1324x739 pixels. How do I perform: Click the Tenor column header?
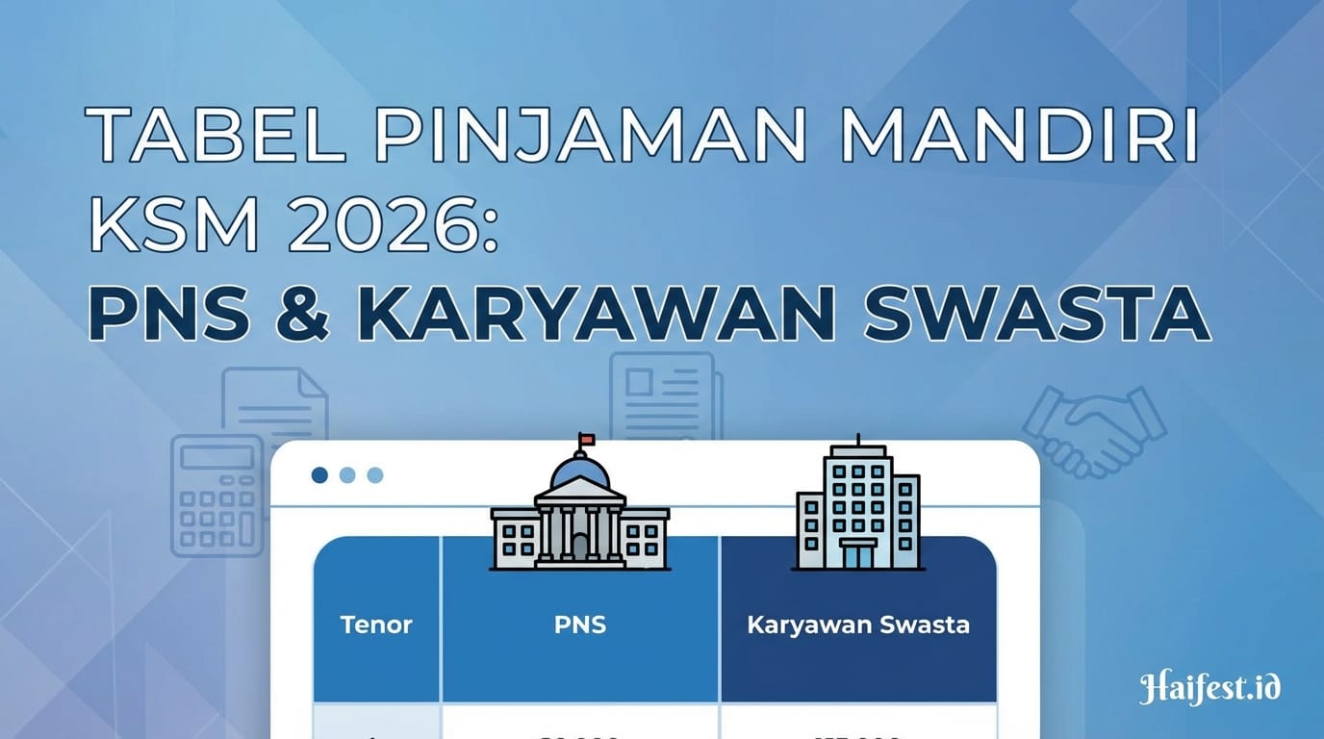[x=376, y=624]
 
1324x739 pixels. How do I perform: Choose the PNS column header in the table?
[x=580, y=624]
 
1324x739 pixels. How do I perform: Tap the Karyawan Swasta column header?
[x=858, y=624]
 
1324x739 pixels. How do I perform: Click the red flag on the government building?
[x=586, y=440]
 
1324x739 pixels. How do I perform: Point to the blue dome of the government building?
[x=579, y=471]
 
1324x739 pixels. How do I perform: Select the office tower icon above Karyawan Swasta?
[x=858, y=509]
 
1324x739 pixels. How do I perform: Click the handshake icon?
[x=1094, y=430]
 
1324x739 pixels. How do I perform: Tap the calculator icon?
[x=216, y=495]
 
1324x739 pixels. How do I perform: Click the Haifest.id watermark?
[x=1209, y=688]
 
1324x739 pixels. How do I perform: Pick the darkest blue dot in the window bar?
[x=320, y=475]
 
